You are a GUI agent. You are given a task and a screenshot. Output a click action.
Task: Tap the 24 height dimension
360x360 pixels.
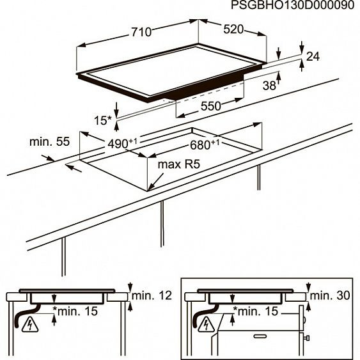(x=312, y=58)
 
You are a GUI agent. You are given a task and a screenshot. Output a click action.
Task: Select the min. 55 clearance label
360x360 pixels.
(x=49, y=141)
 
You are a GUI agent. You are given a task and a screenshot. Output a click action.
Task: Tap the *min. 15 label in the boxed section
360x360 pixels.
(x=257, y=311)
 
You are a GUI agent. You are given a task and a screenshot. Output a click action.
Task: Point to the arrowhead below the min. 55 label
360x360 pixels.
(x=68, y=168)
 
